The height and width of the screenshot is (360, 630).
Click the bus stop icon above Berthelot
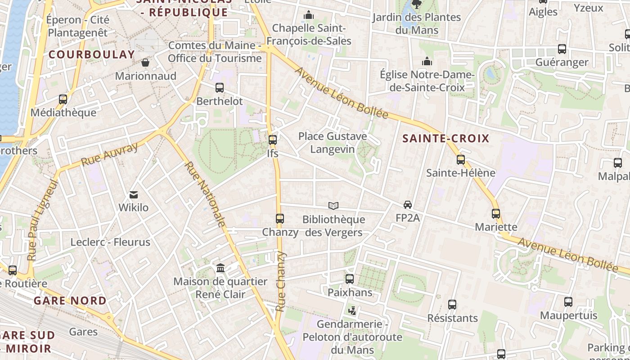tap(220, 88)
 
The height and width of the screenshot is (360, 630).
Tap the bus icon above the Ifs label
tap(272, 139)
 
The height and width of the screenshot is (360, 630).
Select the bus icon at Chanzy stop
tap(280, 219)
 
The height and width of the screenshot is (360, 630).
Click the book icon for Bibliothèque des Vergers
tap(333, 206)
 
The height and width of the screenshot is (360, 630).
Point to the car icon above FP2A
tap(407, 205)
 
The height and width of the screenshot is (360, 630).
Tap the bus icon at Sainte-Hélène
tap(460, 159)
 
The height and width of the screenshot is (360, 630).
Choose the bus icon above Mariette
tap(496, 214)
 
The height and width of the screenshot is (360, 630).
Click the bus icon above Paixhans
tap(350, 279)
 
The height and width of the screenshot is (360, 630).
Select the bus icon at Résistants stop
tap(452, 305)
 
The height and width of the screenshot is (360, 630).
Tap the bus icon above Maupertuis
tap(568, 302)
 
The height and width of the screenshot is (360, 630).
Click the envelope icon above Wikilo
tap(134, 195)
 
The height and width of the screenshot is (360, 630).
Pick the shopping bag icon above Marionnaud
tap(145, 63)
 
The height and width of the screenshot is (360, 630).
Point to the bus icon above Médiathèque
tap(63, 99)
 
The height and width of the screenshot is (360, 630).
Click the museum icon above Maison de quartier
tap(220, 268)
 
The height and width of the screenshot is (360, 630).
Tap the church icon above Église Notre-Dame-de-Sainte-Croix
tap(427, 61)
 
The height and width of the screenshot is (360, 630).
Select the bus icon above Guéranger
tap(562, 49)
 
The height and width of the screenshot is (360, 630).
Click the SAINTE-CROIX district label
tap(445, 139)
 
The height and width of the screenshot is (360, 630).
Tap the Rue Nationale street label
tap(205, 194)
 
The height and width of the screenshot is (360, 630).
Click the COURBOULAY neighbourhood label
tap(91, 55)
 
